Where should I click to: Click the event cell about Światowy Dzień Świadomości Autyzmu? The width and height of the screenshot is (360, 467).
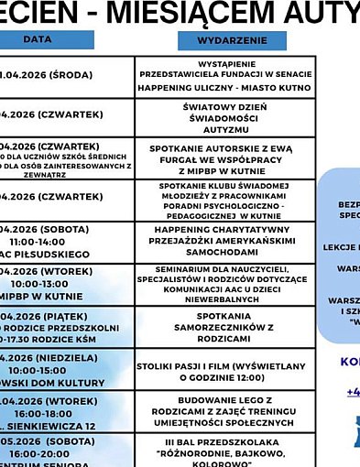click(224, 119)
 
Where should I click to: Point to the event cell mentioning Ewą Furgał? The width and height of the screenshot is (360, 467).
click(224, 158)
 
